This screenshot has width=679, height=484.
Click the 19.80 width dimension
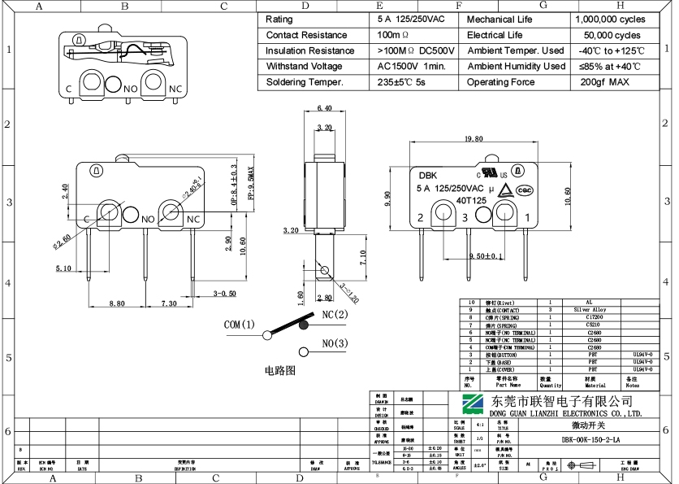click(474, 139)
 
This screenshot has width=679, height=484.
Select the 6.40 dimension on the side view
click(324, 107)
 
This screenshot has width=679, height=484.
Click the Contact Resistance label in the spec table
click(306, 35)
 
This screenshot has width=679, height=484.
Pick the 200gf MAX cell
click(604, 82)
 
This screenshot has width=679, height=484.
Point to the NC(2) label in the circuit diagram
click(335, 314)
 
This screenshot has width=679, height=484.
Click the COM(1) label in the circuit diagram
click(240, 325)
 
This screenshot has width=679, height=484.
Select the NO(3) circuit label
click(335, 343)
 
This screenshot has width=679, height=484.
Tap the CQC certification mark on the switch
click(525, 190)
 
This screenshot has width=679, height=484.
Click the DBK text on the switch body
click(427, 175)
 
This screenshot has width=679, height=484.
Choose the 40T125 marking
click(471, 200)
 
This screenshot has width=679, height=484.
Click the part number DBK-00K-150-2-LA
click(590, 439)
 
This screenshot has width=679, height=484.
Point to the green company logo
click(472, 404)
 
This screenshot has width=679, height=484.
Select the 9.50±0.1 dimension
click(486, 256)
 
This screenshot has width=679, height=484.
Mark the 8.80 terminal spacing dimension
click(117, 303)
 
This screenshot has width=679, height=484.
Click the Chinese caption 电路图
click(279, 370)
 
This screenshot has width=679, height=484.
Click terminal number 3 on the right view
click(465, 217)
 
